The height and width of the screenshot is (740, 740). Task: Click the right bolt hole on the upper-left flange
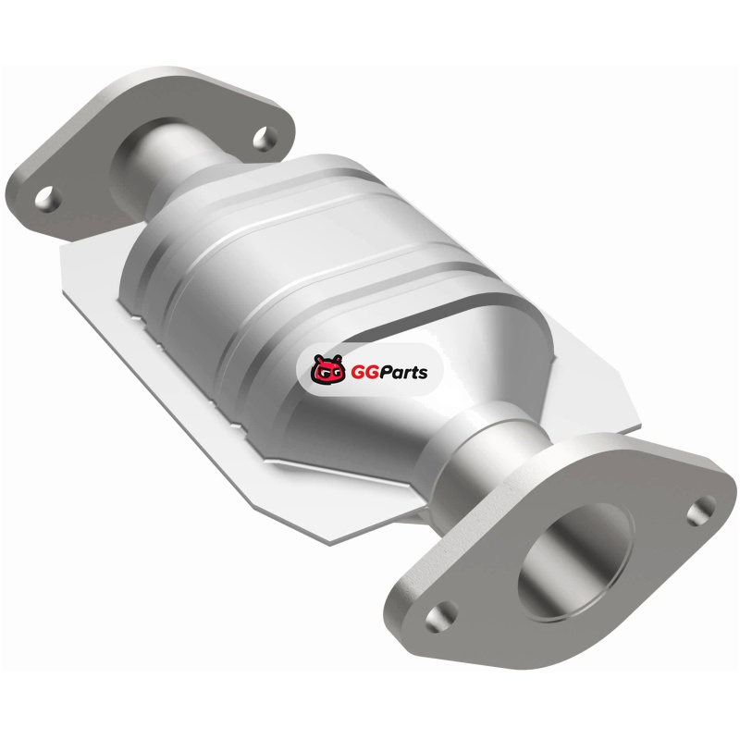pos(265,138)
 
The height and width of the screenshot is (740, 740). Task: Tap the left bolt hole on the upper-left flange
pos(49,199)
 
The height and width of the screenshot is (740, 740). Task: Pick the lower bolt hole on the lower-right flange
pos(442,615)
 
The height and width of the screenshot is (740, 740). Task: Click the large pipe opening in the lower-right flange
pos(574,561)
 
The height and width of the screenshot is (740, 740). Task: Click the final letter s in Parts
pos(423,374)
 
